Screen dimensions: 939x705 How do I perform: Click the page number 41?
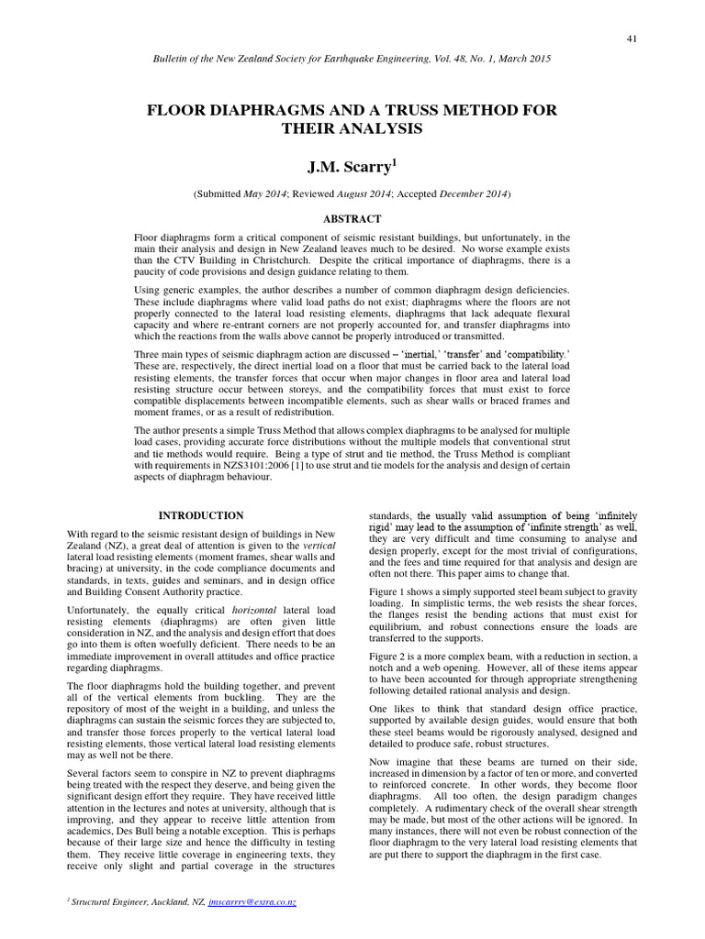[x=632, y=38]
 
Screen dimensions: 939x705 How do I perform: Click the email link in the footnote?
[x=252, y=902]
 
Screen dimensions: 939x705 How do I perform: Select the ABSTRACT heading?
[x=352, y=219]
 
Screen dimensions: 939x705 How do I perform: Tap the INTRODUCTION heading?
[x=201, y=516]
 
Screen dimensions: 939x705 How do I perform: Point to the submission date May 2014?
[x=263, y=194]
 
